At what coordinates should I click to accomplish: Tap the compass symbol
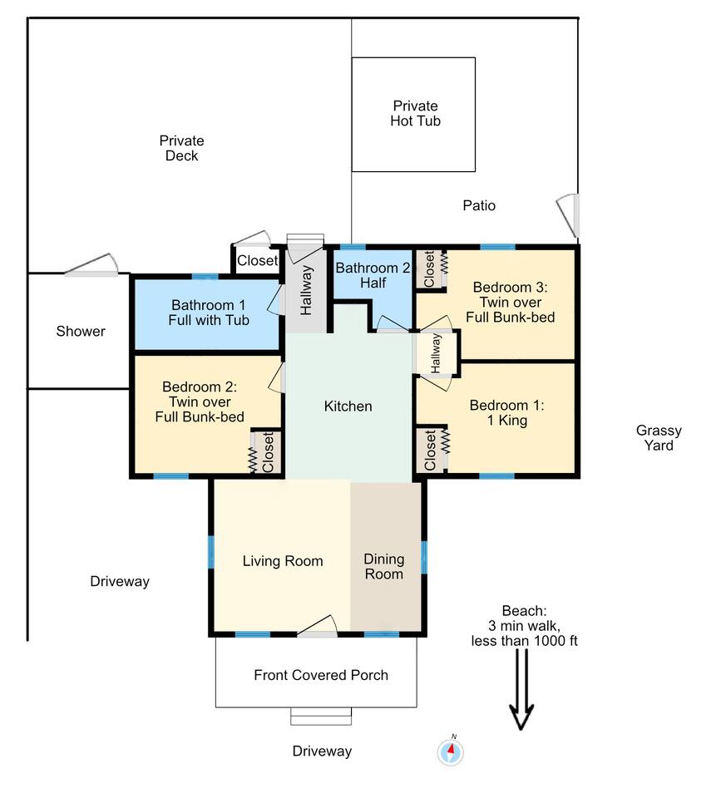click(x=451, y=751)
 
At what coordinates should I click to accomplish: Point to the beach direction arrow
click(x=521, y=690)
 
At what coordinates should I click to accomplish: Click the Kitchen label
click(x=348, y=406)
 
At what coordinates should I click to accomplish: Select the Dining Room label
click(x=384, y=566)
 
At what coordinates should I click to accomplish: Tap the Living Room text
click(x=283, y=561)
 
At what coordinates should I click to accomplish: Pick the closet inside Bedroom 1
click(x=432, y=449)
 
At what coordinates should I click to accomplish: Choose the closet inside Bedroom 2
click(x=266, y=451)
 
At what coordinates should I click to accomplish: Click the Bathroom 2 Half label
click(x=373, y=275)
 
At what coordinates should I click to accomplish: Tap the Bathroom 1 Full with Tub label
click(x=209, y=313)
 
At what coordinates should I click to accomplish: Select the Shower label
click(x=81, y=332)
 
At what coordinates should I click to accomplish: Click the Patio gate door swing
click(x=569, y=215)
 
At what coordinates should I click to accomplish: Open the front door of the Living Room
click(x=317, y=627)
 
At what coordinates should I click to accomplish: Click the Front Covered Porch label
click(x=321, y=675)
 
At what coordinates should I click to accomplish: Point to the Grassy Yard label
click(x=659, y=438)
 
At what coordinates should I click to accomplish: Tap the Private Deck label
click(x=182, y=148)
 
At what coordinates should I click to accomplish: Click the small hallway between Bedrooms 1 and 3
click(x=436, y=353)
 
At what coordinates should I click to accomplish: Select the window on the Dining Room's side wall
click(x=423, y=558)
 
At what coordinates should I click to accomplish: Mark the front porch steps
click(x=321, y=717)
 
